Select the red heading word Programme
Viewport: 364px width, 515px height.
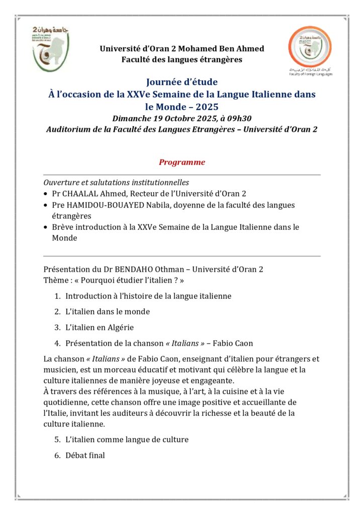click(x=182, y=162)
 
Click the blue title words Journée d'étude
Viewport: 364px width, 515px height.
click(x=182, y=82)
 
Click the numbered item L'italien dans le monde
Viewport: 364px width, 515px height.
click(x=107, y=312)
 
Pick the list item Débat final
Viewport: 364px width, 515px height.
click(x=85, y=456)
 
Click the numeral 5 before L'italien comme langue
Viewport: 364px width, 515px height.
click(x=57, y=440)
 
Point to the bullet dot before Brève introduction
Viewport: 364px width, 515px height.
click(x=46, y=227)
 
